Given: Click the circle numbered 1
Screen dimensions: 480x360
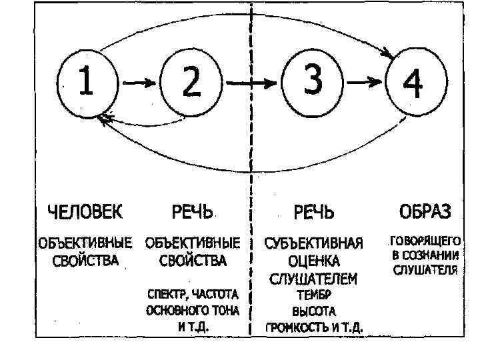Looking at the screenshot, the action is pyautogui.click(x=88, y=83).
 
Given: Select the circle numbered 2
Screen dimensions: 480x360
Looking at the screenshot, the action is pyautogui.click(x=190, y=83).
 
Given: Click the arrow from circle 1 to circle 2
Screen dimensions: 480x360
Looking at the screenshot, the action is pyautogui.click(x=139, y=83).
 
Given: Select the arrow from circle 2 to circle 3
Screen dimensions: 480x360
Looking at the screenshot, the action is pyautogui.click(x=250, y=83).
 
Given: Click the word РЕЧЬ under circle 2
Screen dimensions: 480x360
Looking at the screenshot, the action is pyautogui.click(x=192, y=213).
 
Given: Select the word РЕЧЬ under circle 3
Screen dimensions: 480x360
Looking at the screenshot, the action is pyautogui.click(x=314, y=213).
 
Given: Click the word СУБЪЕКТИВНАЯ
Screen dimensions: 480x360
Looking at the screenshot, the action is pyautogui.click(x=314, y=242).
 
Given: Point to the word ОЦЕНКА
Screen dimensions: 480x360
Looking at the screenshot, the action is pyautogui.click(x=314, y=260).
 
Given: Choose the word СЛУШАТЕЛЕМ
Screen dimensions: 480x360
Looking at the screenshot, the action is pyautogui.click(x=314, y=278).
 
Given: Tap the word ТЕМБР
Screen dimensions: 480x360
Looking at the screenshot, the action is pyautogui.click(x=314, y=294).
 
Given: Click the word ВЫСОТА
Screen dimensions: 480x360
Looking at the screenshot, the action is pyautogui.click(x=314, y=311).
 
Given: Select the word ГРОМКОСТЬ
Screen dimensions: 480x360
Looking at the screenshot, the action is pyautogui.click(x=296, y=328).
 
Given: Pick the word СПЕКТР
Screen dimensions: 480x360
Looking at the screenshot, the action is pyautogui.click(x=167, y=294).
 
